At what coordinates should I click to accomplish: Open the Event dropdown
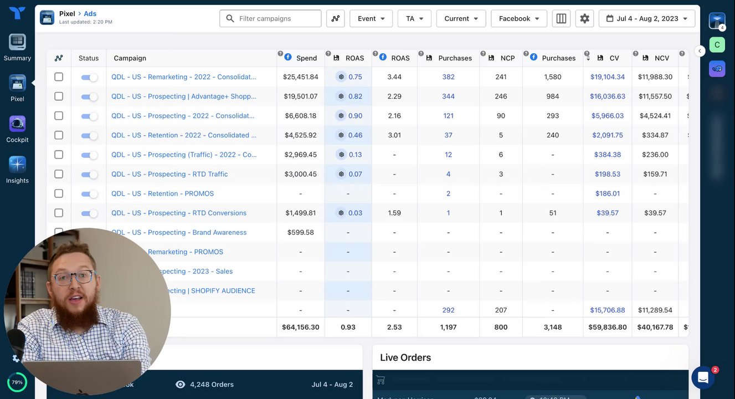(371, 18)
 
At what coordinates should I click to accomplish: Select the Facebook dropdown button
(519, 18)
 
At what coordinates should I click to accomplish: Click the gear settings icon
(584, 18)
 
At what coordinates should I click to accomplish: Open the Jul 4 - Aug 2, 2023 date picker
(647, 18)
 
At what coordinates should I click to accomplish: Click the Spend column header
(306, 58)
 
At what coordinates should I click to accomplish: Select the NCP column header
(507, 58)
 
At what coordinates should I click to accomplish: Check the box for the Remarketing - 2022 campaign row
(59, 77)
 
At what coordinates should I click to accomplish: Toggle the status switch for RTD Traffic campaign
(89, 174)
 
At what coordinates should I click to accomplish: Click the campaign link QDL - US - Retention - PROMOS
(162, 193)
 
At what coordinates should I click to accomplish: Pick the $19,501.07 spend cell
(300, 96)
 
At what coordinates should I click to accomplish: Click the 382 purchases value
(448, 77)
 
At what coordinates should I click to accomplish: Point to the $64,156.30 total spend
(300, 327)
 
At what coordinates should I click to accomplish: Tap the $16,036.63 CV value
(608, 96)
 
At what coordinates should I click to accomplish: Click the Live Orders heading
(405, 357)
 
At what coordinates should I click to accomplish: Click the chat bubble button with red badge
(703, 378)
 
